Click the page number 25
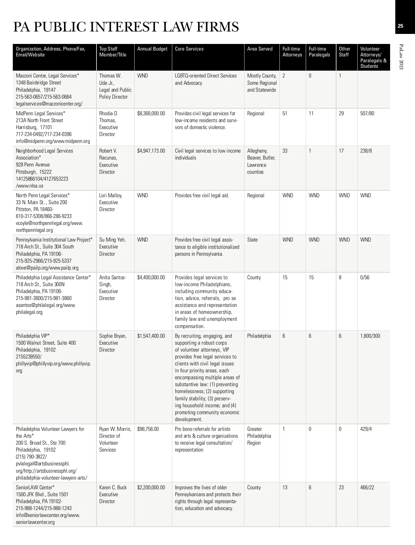[400, 26]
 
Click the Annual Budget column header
[152, 49]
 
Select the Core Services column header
[189, 49]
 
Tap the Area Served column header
[260, 49]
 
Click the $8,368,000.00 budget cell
[151, 113]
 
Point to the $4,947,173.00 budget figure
[151, 151]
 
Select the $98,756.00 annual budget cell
[148, 429]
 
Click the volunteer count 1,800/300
[370, 336]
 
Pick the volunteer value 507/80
[367, 113]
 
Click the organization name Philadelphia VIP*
[33, 336]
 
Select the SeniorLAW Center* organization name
[35, 488]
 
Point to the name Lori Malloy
[111, 196]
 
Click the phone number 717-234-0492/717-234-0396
[44, 134]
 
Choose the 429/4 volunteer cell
[366, 429]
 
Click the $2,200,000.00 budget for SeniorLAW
[151, 488]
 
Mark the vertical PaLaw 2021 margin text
[401, 57]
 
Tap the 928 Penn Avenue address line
[33, 165]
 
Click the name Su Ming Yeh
[112, 240]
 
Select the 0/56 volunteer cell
[365, 278]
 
